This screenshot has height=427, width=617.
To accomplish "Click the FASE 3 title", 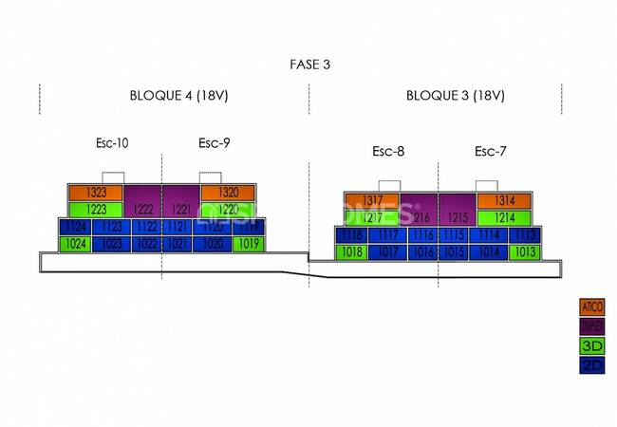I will tap(309, 65).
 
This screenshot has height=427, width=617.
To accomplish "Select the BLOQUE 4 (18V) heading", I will tap(178, 96).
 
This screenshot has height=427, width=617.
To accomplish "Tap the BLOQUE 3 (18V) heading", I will tap(455, 96).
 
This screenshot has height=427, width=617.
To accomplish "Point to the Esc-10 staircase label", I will tap(112, 143).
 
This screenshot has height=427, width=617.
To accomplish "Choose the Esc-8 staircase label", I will tap(388, 151).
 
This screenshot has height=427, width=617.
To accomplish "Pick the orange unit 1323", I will tap(96, 193).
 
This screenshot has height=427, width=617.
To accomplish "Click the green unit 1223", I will tap(96, 209).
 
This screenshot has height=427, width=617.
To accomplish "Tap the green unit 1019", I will tap(249, 244).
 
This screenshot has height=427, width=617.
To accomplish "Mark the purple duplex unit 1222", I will tap(142, 209).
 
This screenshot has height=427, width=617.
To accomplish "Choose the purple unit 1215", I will tap(456, 217).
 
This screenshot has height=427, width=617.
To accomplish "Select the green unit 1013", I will tap(523, 252).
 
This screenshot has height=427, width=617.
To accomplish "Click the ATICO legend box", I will tap(592, 307).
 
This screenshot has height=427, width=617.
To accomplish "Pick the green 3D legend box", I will tap(592, 345).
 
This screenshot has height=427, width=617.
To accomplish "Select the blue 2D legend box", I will tap(592, 364).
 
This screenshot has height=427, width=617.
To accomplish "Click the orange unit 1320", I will tap(228, 193).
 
